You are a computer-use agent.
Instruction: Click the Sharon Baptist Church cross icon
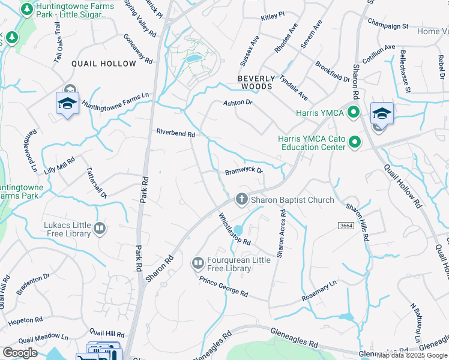(x=242, y=199)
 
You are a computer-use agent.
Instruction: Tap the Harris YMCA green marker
(x=354, y=112)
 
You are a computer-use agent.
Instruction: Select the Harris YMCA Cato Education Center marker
(x=354, y=142)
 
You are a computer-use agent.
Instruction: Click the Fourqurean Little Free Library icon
(x=197, y=263)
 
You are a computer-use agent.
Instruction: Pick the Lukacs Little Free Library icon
(x=100, y=228)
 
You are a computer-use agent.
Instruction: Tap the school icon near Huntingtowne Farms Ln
(x=68, y=103)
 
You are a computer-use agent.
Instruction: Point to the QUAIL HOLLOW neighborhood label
(x=104, y=64)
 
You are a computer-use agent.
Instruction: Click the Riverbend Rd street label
(x=176, y=133)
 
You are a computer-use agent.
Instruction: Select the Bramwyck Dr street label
(x=244, y=171)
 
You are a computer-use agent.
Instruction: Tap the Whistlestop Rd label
(x=234, y=229)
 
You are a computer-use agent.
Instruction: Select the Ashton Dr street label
(x=238, y=103)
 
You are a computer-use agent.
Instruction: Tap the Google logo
(x=20, y=353)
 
